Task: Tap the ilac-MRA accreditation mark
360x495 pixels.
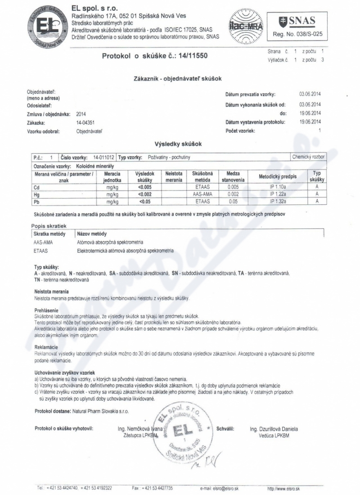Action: [243, 27]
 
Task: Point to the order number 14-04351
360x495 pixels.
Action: [85, 122]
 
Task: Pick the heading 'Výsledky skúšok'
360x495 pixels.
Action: [178, 144]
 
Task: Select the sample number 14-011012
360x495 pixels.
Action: [104, 157]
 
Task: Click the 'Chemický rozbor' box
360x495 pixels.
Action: [308, 157]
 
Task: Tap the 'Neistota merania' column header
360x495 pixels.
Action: [174, 176]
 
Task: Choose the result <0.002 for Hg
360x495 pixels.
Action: [145, 194]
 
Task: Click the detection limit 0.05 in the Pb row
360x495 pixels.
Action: [233, 202]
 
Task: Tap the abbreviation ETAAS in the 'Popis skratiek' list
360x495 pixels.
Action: [41, 251]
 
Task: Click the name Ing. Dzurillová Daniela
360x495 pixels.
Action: [274, 429]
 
